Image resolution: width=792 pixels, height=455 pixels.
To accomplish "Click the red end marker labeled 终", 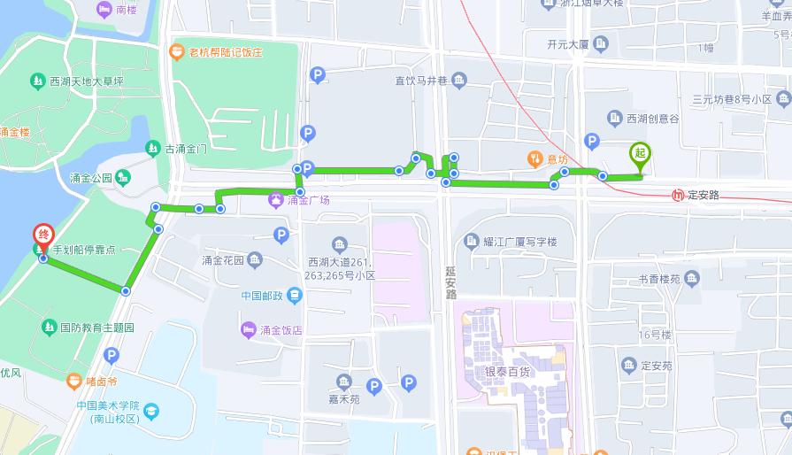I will tap(43, 236).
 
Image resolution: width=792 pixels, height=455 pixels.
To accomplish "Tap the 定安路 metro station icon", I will tap(678, 195).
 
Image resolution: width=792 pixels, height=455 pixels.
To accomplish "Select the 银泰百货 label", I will tap(507, 372).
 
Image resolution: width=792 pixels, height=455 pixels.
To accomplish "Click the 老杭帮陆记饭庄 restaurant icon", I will tap(176, 51).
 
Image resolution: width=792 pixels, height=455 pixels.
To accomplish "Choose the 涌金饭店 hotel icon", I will tap(249, 330).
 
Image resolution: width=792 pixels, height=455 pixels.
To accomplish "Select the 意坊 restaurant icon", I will tap(534, 159).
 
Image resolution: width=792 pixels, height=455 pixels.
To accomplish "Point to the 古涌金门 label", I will tap(186, 148).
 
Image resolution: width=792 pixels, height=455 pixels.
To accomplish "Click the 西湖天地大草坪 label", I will tap(86, 81).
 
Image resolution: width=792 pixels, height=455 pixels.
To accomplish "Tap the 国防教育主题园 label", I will tap(96, 328).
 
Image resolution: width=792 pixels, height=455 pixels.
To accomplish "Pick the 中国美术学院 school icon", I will tap(151, 412).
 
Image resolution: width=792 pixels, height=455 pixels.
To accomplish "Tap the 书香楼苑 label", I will tap(659, 280).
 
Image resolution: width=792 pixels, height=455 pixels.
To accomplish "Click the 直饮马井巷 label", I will tap(422, 81).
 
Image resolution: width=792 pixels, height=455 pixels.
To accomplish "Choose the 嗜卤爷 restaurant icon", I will tap(75, 382).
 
